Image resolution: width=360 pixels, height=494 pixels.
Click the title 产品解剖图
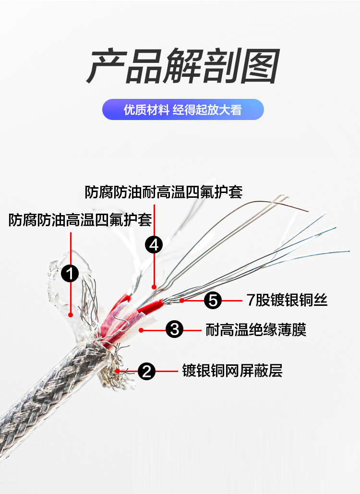183,66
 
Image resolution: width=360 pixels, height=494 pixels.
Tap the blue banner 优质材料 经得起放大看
183,109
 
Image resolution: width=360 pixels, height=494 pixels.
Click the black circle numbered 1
70,273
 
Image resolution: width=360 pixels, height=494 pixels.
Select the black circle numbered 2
146,371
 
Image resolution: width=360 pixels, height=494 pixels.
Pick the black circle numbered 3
174,329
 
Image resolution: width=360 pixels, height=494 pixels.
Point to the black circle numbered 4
154,244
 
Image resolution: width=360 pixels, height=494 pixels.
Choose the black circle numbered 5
213,300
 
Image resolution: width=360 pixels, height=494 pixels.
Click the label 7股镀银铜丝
287,300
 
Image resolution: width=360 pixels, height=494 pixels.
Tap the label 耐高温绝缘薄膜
256,330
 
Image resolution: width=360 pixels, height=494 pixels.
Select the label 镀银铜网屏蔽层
232,371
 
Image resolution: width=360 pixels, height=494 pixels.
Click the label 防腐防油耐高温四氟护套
164,192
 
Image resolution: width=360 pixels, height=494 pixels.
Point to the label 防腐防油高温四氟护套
80,220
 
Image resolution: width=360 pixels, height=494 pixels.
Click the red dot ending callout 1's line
71,314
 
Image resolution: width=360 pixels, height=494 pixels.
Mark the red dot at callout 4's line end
154,287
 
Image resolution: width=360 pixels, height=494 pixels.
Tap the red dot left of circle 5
182,301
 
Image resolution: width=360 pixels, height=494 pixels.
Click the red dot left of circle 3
142,330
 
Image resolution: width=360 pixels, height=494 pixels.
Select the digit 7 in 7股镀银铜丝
251,300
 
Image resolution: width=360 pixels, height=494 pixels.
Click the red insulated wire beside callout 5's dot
150,306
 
